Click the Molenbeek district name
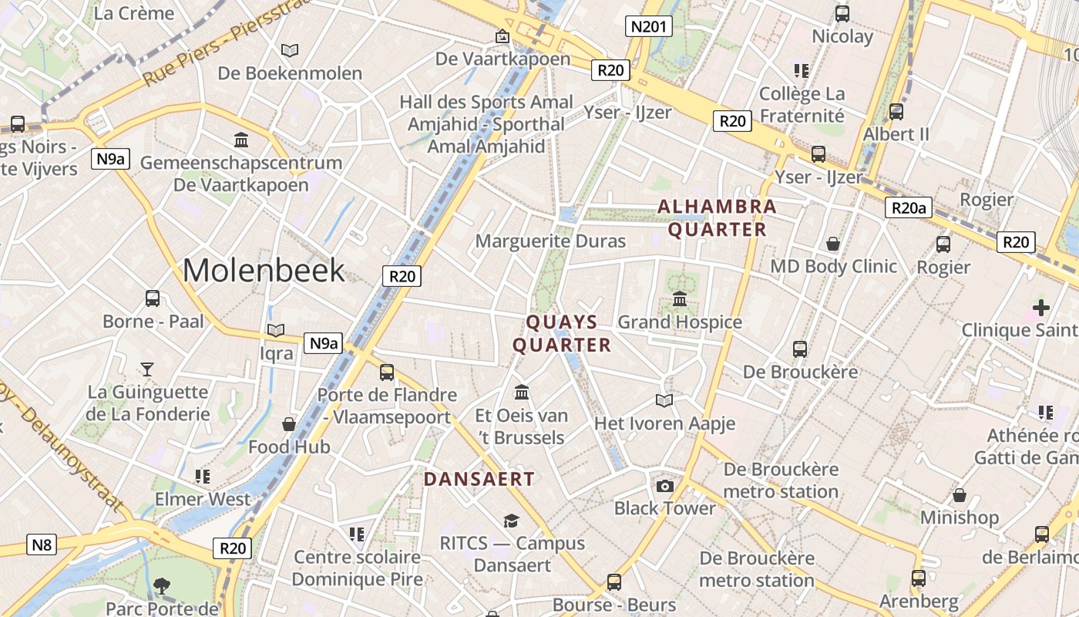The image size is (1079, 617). pos(264,270)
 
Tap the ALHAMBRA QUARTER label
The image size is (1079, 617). pos(717,218)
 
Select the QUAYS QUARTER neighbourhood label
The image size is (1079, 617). pos(562,333)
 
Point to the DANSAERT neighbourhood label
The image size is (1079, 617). pos(479,479)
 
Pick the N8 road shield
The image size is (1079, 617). pos(42,545)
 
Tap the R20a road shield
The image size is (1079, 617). pos(909,207)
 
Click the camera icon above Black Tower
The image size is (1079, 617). pos(664,485)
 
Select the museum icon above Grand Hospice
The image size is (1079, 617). pos(680,298)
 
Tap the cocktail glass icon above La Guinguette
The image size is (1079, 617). pos(147,369)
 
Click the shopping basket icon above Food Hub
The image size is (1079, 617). pos(289,423)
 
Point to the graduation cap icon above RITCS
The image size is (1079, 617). pos(511,521)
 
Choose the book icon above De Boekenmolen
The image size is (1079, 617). pos(290,50)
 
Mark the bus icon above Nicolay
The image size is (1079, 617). pos(842,13)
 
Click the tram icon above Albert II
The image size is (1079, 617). pos(896,111)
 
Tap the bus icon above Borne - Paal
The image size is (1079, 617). pos(153,298)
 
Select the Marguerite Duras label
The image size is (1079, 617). pos(550,241)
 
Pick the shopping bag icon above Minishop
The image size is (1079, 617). pos(960,494)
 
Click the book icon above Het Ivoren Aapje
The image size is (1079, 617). pos(664,400)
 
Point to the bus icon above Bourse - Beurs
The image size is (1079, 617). pos(613,582)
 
